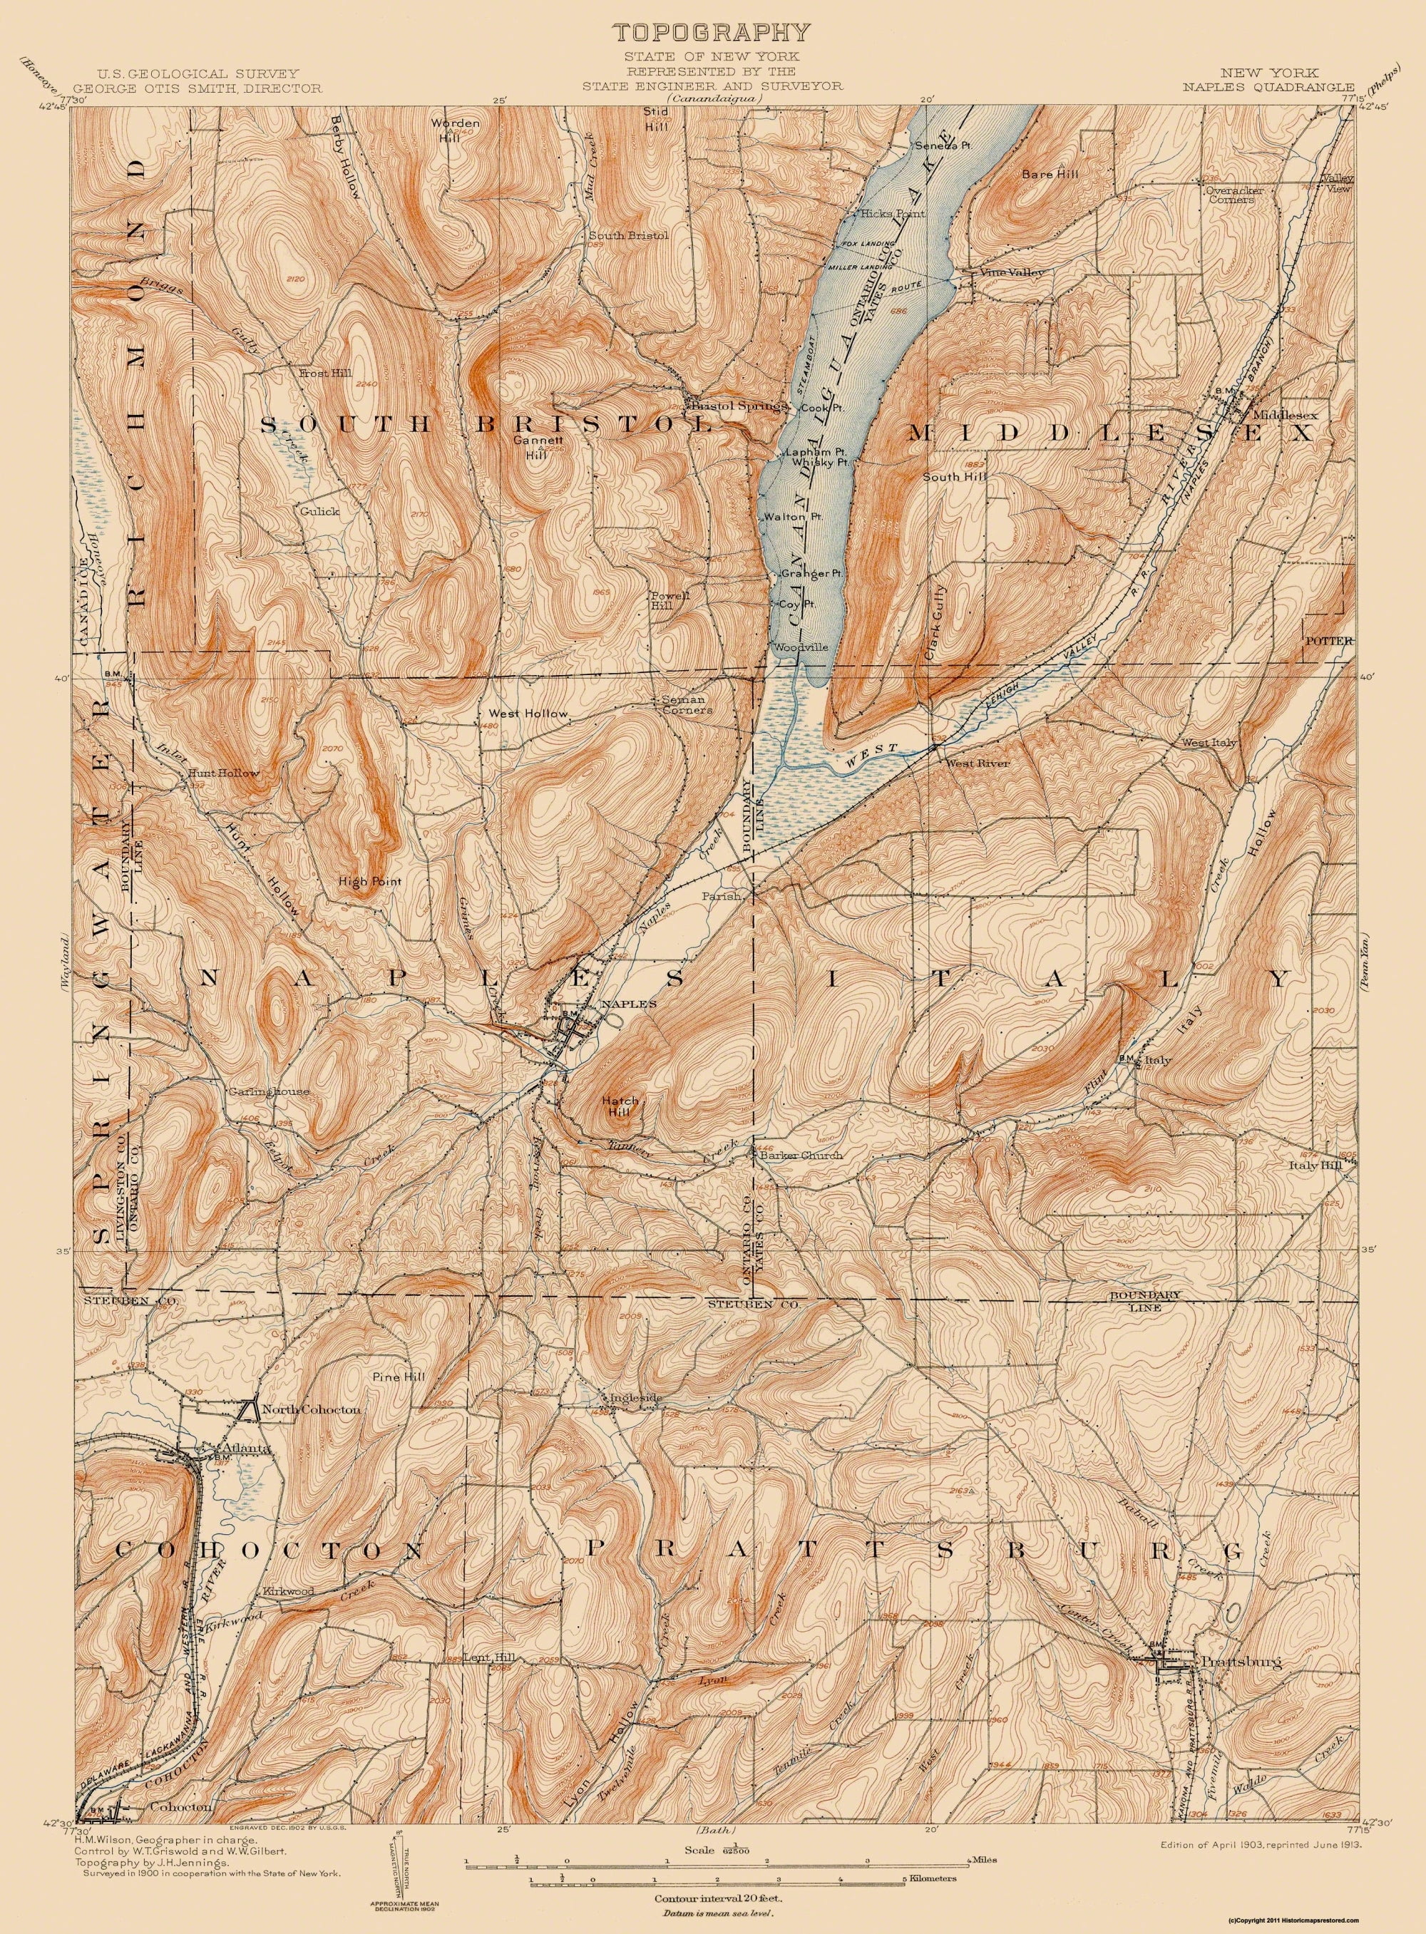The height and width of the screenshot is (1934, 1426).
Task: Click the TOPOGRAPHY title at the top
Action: click(x=712, y=33)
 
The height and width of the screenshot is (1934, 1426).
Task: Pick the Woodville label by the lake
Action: click(x=801, y=647)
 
